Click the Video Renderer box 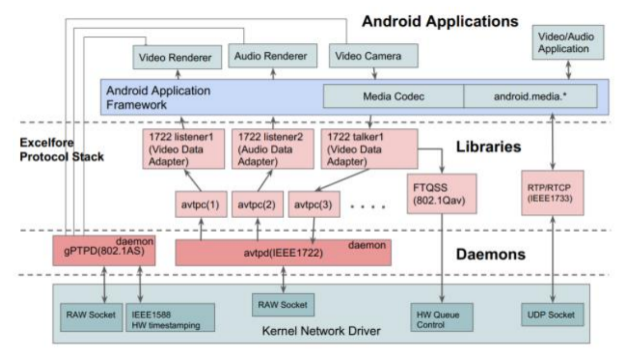[177, 57]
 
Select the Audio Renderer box [272, 56]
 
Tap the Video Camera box [374, 56]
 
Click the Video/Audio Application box [568, 43]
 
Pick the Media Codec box [394, 96]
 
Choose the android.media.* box [531, 96]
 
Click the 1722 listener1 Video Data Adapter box [183, 149]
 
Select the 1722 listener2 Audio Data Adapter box [272, 149]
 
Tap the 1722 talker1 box [369, 149]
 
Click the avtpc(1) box [201, 204]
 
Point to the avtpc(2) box [258, 204]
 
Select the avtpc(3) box [314, 204]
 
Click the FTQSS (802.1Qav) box [442, 193]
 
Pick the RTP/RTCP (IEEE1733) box [553, 193]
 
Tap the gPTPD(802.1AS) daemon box [104, 251]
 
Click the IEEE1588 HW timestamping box [170, 317]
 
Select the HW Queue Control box [442, 317]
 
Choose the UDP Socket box [553, 314]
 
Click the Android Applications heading [440, 21]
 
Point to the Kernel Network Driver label [321, 330]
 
